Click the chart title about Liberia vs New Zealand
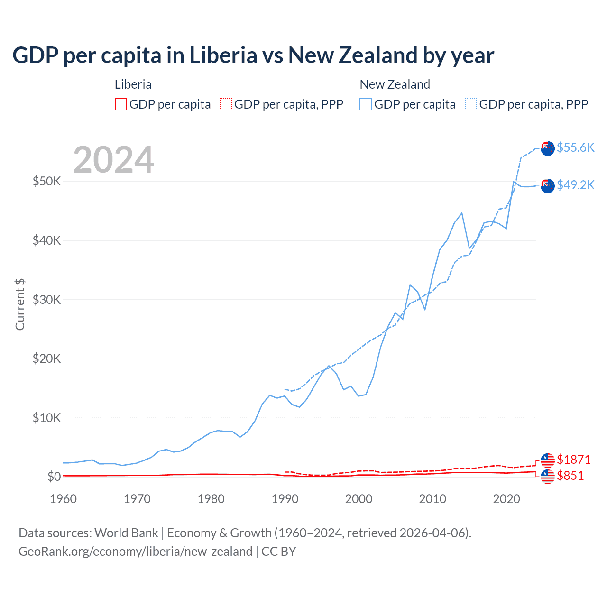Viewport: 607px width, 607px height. [253, 55]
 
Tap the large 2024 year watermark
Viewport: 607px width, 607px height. [113, 160]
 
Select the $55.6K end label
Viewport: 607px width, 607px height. [575, 147]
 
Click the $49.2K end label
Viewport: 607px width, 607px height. [575, 185]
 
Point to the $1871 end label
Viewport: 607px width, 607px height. [574, 460]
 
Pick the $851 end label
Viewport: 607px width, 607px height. [570, 476]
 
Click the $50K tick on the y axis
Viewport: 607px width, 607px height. [46, 181]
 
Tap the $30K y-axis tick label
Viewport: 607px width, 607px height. [46, 300]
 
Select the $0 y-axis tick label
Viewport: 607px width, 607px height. [54, 477]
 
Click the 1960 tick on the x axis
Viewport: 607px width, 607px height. [64, 499]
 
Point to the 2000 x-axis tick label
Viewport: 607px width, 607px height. [359, 499]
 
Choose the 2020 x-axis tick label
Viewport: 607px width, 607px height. [506, 499]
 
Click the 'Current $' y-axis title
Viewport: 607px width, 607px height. [20, 304]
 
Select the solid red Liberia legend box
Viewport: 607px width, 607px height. [121, 104]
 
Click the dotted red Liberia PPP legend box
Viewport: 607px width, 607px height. [226, 104]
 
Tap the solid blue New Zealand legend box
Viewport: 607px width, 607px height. [366, 104]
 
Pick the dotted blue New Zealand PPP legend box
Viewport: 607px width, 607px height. [471, 104]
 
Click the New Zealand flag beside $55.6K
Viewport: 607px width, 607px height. [548, 148]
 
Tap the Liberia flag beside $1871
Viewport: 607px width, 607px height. [548, 460]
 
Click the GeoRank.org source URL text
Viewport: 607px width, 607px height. [135, 552]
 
